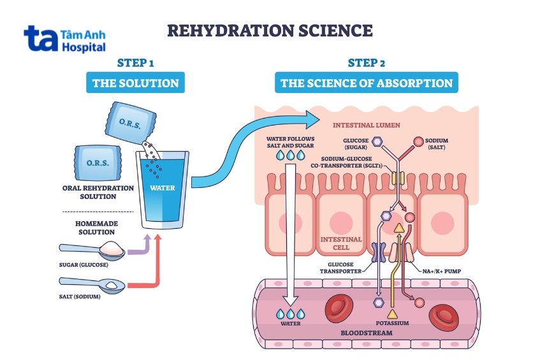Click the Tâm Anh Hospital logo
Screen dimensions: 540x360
click(x=64, y=40)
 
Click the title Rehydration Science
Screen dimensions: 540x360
click(x=270, y=31)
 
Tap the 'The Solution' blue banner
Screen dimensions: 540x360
click(x=135, y=83)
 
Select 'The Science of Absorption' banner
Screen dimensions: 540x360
click(x=367, y=83)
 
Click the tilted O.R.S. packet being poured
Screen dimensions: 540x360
click(x=131, y=123)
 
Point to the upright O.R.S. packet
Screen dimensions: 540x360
click(x=98, y=162)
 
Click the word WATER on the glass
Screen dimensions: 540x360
click(x=162, y=188)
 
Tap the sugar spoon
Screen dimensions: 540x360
click(x=92, y=250)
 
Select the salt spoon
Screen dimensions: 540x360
click(x=92, y=285)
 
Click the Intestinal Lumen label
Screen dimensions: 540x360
click(x=367, y=126)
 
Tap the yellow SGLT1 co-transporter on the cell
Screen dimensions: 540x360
click(x=398, y=178)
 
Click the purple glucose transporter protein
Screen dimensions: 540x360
click(x=379, y=252)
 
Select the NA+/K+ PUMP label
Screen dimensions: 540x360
click(x=442, y=271)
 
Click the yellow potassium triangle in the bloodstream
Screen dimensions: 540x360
click(x=392, y=314)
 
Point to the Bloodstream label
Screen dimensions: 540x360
click(x=367, y=333)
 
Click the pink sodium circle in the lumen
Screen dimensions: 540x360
click(x=418, y=141)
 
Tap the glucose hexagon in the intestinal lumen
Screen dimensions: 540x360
click(x=378, y=141)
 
